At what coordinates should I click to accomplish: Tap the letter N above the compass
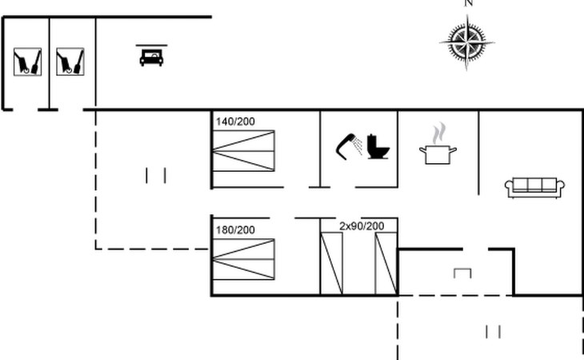[x=469, y=3]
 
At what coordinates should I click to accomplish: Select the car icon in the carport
[x=151, y=56]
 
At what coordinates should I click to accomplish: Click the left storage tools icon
[x=27, y=62]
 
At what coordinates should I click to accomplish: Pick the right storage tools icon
[x=70, y=62]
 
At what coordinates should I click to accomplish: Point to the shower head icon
[x=350, y=146]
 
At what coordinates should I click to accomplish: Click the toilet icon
[x=378, y=147]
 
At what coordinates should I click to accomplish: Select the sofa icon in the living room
[x=535, y=187]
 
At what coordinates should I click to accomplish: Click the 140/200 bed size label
[x=234, y=122]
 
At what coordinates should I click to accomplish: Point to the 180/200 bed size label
[x=234, y=230]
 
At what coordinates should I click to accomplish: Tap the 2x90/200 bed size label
[x=362, y=226]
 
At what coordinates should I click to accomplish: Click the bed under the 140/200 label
[x=243, y=150]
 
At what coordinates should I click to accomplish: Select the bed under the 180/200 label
[x=243, y=259]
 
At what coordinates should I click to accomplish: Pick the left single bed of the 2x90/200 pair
[x=332, y=263]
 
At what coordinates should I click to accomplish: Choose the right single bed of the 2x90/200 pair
[x=386, y=263]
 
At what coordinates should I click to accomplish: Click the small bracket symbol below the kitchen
[x=462, y=273]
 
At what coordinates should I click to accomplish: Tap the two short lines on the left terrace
[x=156, y=175]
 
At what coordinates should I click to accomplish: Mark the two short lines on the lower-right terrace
[x=493, y=331]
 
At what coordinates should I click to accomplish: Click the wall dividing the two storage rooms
[x=50, y=62]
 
